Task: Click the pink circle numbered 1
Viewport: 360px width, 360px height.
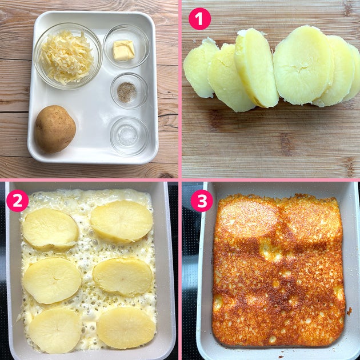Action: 199,19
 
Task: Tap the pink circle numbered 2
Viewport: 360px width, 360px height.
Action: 18,201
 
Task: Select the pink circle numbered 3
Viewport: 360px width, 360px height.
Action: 202,201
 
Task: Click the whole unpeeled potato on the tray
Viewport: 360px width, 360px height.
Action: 55,129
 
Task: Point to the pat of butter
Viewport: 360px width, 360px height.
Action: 123,50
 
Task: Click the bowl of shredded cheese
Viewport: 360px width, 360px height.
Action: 67,56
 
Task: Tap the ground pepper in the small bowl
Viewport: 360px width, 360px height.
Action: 127,93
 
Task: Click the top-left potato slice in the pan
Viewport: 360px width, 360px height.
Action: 50,229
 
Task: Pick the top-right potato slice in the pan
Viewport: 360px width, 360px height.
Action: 122,222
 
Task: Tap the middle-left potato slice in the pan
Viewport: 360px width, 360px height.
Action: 52,281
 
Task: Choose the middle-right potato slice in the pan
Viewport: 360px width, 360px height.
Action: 123,277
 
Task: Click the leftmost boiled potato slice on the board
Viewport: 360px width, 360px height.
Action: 200,68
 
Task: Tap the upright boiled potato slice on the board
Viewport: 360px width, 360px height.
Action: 256,68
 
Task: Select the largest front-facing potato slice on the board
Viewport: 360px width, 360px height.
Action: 303,65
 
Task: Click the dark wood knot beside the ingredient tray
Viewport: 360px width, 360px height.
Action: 166,175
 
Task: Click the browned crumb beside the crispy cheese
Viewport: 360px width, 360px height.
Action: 349,311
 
